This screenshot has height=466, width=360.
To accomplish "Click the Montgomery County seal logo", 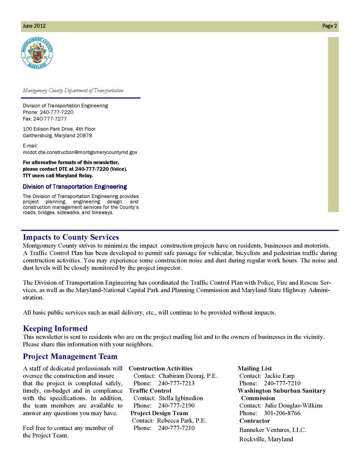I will coord(37,54).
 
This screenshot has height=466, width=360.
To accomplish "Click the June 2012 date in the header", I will coord(34,26).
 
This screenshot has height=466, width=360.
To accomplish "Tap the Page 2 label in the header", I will coord(329,26).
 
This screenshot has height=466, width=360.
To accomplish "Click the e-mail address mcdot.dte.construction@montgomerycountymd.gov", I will coord(80,153).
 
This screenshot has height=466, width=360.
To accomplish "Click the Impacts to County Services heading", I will coord(71,237).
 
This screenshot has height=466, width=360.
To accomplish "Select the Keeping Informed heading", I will coord(55,329).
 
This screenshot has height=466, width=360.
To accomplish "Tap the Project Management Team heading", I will coord(70,356).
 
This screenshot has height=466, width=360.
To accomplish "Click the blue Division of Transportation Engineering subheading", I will coord(75,187).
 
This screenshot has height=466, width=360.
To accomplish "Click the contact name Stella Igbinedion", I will coord(181,398).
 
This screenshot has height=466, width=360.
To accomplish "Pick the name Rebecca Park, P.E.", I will coord(182,421).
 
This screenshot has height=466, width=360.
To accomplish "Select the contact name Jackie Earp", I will coord(280,376).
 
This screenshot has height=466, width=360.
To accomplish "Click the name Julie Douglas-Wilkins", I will coord(294,406).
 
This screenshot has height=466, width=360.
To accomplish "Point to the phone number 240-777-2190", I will coord(176,406).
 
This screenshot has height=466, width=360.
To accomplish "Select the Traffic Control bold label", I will coord(150,391).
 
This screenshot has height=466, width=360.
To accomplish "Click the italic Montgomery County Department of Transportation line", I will coord(73,91).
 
